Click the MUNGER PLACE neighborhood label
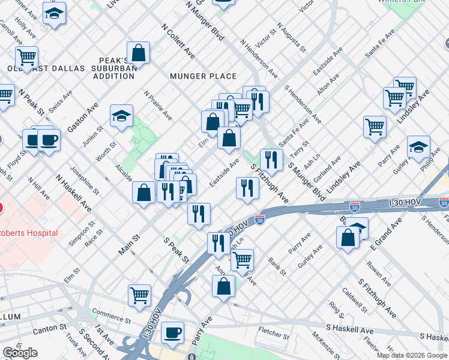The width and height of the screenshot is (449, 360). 203,76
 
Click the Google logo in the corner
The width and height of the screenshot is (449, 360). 20,352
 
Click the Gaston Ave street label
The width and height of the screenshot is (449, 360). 83,117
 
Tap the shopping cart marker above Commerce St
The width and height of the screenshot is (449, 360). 139,295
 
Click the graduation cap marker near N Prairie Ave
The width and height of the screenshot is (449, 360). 122,116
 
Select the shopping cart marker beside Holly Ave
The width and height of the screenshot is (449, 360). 26,58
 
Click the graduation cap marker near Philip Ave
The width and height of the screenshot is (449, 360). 418,146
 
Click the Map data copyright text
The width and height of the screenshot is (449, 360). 411,355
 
